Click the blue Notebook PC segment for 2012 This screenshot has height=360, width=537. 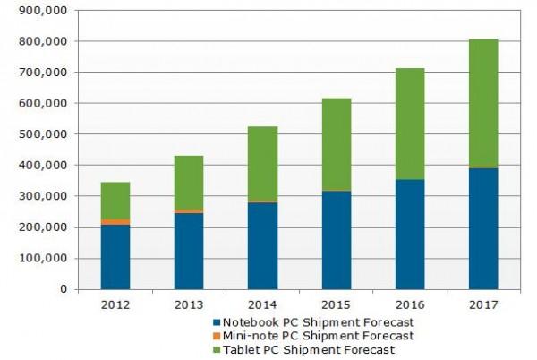[x=115, y=257]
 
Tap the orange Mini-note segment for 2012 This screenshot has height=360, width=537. [x=115, y=222]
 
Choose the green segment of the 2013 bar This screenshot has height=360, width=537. [x=189, y=183]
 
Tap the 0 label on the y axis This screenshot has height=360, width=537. [x=64, y=289]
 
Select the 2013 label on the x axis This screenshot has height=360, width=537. [x=189, y=304]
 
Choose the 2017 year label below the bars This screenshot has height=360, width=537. [x=483, y=304]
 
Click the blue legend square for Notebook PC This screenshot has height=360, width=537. [x=217, y=321]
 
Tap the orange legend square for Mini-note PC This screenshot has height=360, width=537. [x=217, y=335]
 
